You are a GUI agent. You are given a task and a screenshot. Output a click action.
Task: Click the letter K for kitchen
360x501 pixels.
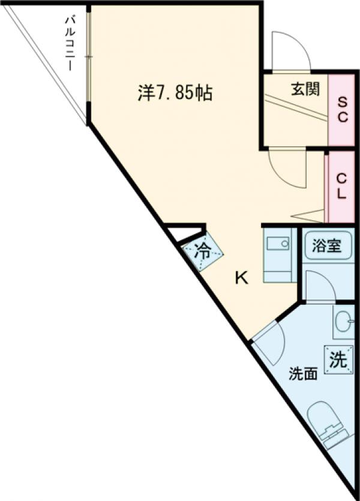pos(241,278)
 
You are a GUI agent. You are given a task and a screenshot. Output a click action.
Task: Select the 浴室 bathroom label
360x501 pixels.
pos(326,247)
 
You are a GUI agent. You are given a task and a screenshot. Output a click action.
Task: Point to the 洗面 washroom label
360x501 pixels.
pos(303,373)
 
